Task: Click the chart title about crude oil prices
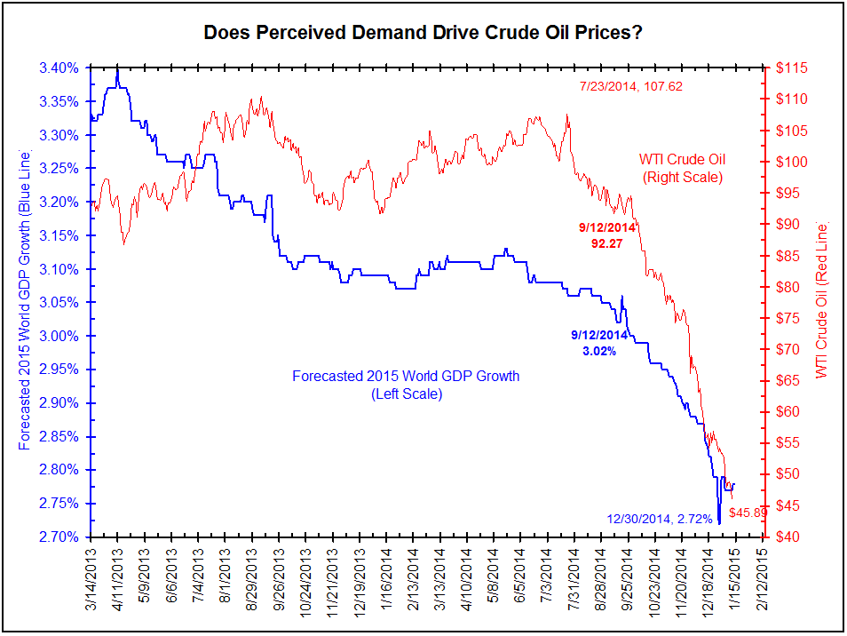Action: click(x=423, y=33)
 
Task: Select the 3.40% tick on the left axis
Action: click(x=59, y=68)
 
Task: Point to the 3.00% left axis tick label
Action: click(x=59, y=336)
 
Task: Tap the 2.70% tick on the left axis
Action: click(x=59, y=537)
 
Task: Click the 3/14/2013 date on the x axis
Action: click(x=91, y=578)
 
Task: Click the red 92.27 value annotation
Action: click(x=607, y=242)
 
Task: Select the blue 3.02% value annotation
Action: click(x=598, y=351)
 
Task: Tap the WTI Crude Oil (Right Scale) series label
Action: click(x=682, y=168)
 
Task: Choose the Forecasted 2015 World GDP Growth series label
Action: click(x=406, y=385)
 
